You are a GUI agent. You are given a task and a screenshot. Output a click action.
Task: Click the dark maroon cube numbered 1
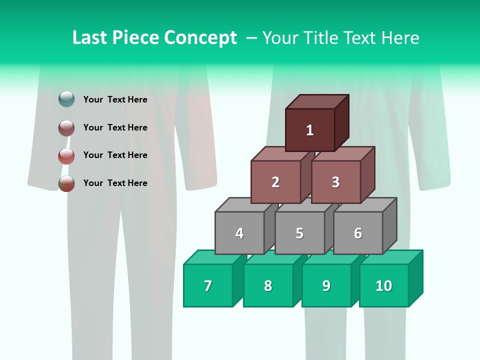pos(310,130)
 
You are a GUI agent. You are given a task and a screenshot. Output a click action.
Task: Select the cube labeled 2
pos(275,182)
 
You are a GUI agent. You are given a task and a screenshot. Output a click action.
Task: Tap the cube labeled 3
pos(335,182)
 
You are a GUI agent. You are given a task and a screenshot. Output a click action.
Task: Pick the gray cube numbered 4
pos(239,233)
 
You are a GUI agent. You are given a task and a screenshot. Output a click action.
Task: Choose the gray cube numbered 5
pos(299,233)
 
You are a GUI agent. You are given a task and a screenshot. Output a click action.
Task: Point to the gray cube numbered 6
pos(358,233)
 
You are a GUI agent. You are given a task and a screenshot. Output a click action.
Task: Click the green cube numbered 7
pos(208,285)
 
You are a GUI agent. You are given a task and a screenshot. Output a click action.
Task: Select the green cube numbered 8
pos(268,285)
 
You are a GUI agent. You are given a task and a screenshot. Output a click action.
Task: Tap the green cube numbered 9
pos(326,285)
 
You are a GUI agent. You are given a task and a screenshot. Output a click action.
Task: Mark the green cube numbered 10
pos(384,285)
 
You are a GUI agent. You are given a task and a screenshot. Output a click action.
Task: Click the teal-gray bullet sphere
pos(66,99)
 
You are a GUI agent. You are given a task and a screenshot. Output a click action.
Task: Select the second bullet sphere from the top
pos(66,128)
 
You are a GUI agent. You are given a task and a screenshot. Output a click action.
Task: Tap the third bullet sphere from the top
pos(66,156)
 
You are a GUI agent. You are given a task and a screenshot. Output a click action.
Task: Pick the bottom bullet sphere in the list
pos(66,183)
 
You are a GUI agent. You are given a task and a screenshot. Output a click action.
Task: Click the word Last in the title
pos(91,37)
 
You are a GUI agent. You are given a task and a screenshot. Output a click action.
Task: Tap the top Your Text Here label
pos(115,99)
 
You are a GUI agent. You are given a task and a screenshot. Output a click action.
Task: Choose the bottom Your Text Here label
pos(115,183)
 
